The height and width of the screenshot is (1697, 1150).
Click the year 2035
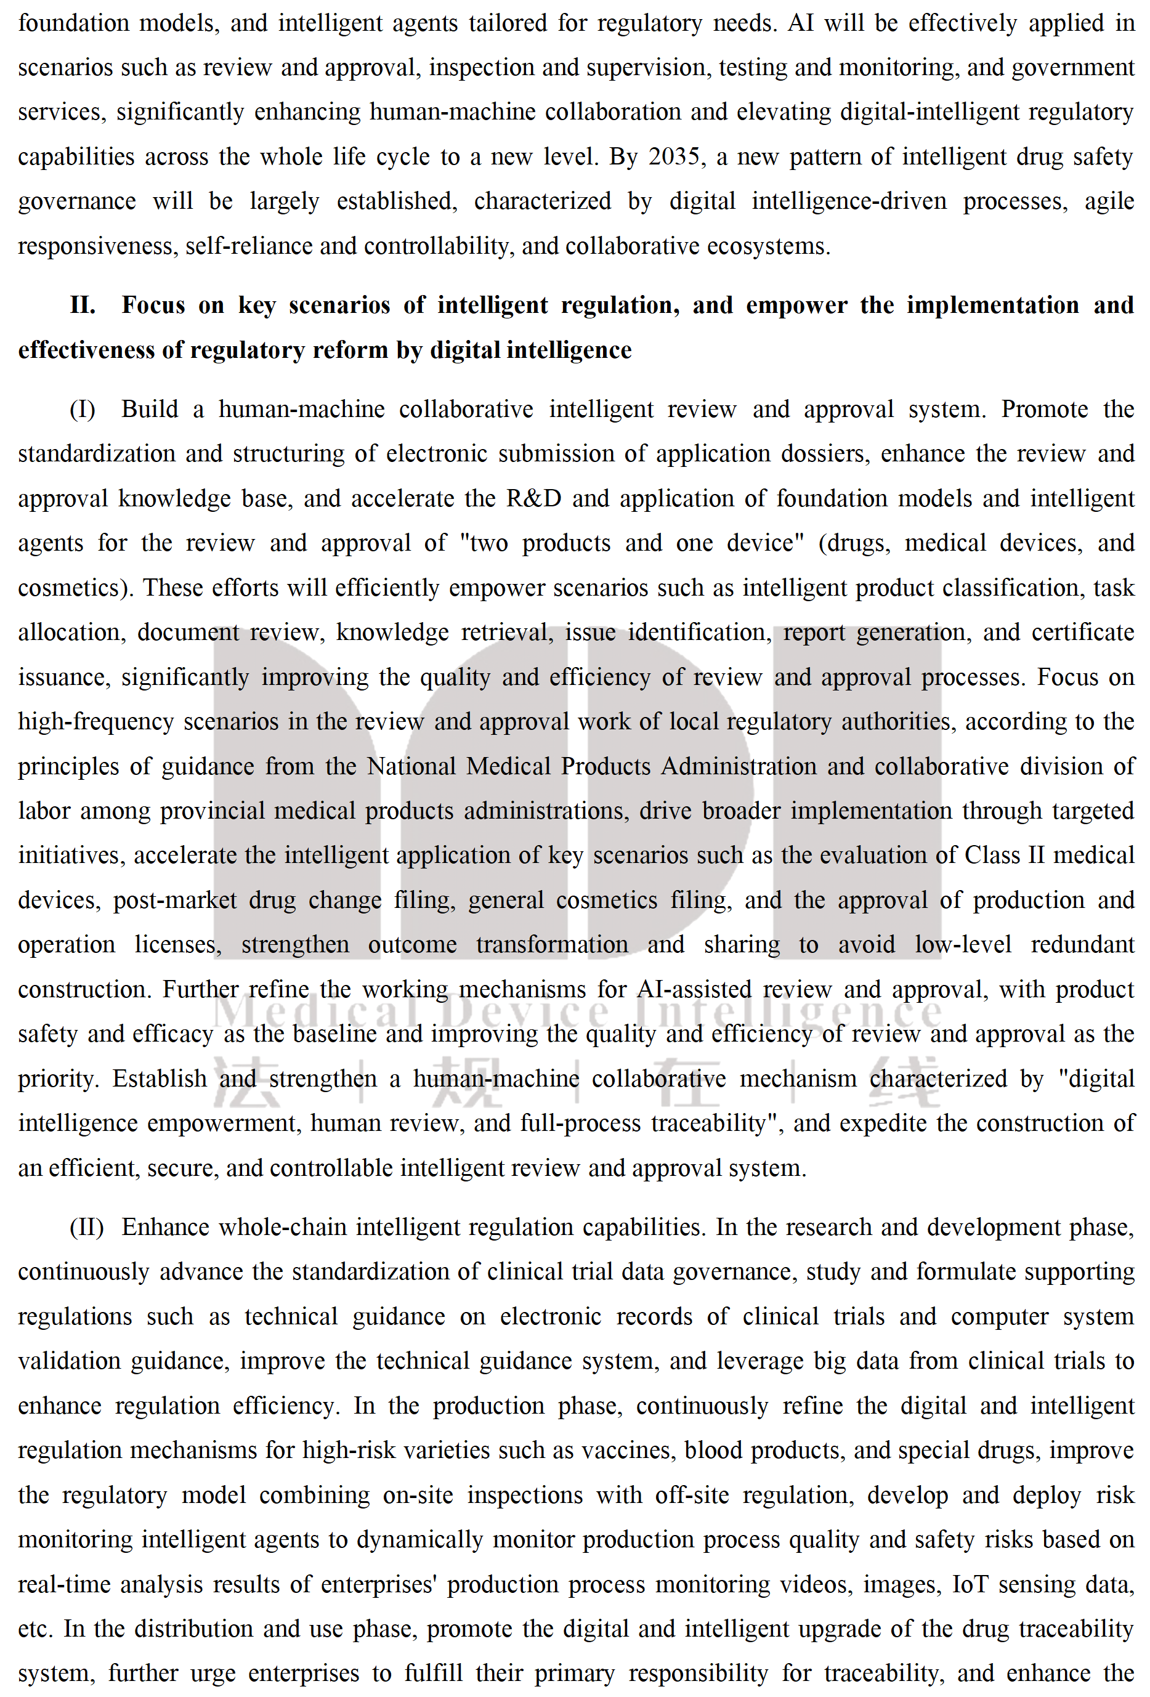[x=674, y=157]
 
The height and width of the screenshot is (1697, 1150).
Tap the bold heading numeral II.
[x=83, y=306]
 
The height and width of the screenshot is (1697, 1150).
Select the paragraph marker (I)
[x=83, y=410]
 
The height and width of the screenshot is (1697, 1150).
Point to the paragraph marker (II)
[x=86, y=1228]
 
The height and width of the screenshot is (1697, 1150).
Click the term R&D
[x=534, y=499]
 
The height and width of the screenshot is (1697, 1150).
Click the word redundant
[x=1082, y=945]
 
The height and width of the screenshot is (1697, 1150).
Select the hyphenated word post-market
[x=174, y=901]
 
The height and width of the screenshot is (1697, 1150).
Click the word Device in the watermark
[x=524, y=1011]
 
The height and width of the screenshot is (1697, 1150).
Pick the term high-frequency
[x=96, y=722]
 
